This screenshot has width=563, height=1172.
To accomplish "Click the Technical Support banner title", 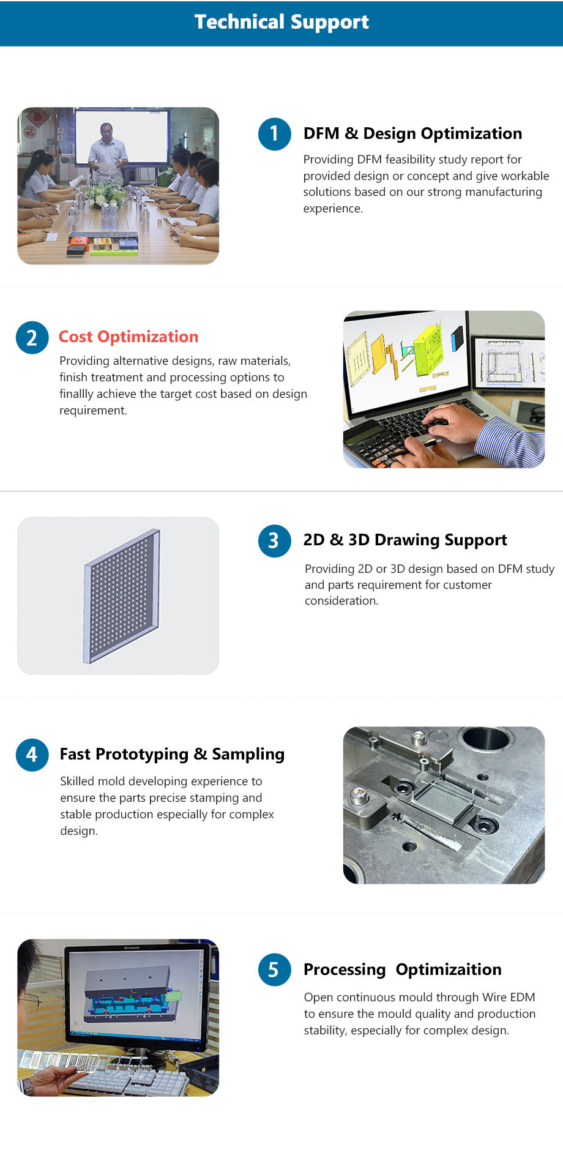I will tap(281, 22).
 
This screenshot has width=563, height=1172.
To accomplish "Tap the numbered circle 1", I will tap(274, 133).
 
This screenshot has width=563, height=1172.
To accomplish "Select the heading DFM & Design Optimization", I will tap(412, 133).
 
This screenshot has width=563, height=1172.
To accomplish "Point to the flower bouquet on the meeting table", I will tap(105, 195).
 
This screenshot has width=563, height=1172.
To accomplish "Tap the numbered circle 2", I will tap(32, 337).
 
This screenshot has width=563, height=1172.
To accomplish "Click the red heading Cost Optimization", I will tap(129, 337).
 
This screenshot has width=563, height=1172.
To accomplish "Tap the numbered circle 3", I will tap(274, 540).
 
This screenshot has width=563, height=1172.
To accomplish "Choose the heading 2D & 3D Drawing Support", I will tap(405, 540).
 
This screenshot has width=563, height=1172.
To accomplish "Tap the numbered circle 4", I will tap(32, 755).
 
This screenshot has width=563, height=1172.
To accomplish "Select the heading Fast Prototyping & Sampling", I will tap(172, 754).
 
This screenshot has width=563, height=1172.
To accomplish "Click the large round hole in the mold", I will tap(487, 738).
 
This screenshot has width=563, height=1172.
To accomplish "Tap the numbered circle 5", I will tap(274, 969).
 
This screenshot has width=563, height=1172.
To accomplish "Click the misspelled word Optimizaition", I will tap(449, 969).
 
